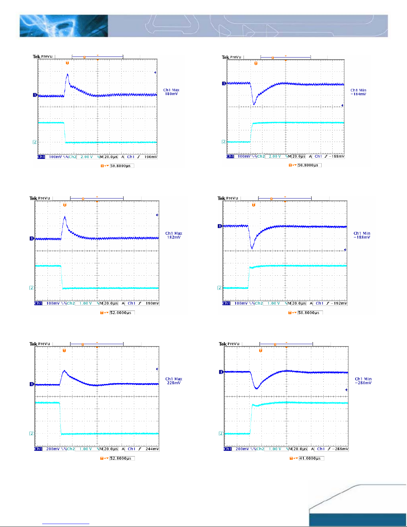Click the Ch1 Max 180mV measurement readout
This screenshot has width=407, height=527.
[x=171, y=92]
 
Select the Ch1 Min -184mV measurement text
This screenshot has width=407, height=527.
[x=358, y=92]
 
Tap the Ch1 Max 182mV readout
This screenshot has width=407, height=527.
[x=174, y=235]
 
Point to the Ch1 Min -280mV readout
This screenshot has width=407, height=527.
[x=363, y=381]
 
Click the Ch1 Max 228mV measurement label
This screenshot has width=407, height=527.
[x=174, y=381]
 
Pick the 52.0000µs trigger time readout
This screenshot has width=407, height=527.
[x=122, y=313]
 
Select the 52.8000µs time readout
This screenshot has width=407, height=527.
[x=122, y=459]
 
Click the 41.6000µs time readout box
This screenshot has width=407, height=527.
[x=311, y=459]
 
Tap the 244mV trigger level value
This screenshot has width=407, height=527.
[x=152, y=449]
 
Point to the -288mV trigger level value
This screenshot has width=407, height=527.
[x=341, y=449]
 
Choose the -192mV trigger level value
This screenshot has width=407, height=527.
[x=340, y=304]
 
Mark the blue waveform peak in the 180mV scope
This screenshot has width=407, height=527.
[x=67, y=74]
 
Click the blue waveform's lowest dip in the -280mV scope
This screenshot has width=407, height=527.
[x=256, y=388]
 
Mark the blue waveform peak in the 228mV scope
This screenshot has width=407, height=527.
[x=64, y=371]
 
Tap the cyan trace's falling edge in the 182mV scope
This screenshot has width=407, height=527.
[x=61, y=277]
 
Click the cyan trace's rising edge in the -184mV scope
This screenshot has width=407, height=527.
[x=251, y=132]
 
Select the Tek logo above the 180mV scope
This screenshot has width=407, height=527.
[x=36, y=57]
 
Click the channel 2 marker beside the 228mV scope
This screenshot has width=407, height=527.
[x=32, y=434]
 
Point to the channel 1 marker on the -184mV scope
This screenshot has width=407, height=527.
[x=224, y=83]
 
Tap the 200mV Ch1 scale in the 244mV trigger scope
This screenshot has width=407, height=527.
[x=53, y=449]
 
